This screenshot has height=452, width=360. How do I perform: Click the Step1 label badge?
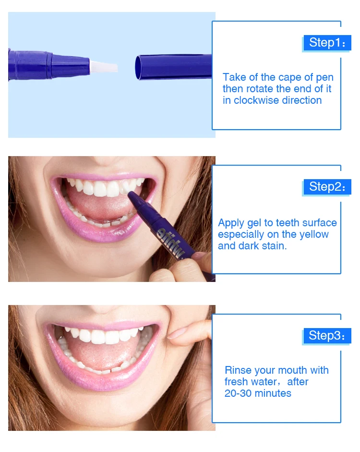327,42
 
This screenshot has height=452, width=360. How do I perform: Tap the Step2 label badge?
327,186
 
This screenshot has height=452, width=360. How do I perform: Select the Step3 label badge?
327,335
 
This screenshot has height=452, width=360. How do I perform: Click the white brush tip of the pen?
104,66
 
